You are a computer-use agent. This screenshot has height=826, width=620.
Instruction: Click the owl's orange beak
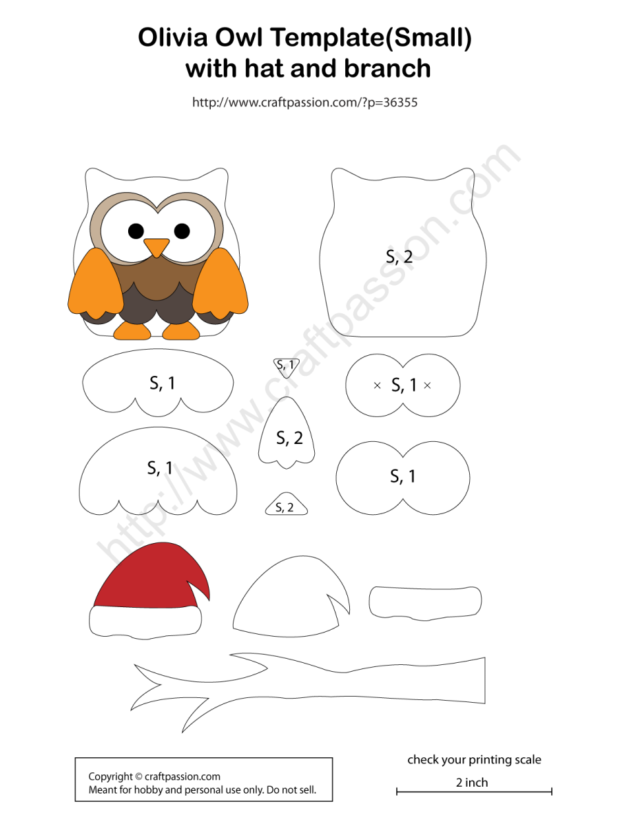coord(156,246)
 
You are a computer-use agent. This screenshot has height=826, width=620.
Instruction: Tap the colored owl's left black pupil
coord(136,230)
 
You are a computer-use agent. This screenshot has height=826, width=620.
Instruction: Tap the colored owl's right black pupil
coord(182,231)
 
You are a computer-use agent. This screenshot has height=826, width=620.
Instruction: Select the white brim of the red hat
coord(145,621)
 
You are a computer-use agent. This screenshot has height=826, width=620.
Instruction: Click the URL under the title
coord(304,103)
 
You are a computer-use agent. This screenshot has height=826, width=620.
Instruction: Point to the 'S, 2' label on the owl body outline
coord(400,257)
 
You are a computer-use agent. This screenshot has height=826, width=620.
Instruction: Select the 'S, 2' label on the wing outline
coord(289,438)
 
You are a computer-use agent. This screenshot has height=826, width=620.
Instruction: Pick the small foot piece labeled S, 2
coord(285,507)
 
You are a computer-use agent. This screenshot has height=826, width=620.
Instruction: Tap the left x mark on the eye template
coord(377,385)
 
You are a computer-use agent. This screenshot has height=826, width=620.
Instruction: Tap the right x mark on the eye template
coord(427,385)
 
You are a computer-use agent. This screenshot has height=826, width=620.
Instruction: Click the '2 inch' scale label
coord(472,782)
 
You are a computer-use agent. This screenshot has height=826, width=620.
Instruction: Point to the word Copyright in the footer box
coord(110,776)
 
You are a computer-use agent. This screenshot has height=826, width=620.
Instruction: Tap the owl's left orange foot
coord(132,331)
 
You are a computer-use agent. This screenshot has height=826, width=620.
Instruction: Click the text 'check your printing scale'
coord(474,760)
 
